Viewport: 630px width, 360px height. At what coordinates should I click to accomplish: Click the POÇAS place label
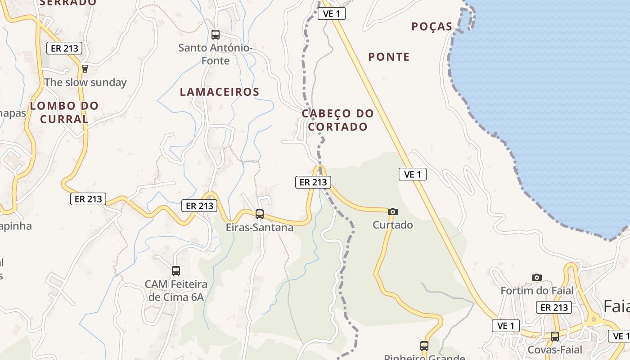[432, 27]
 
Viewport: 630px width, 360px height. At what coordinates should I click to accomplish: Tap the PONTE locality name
[389, 57]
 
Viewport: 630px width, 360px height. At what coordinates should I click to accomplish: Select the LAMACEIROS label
[220, 92]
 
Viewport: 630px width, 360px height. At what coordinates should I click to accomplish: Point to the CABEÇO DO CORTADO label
[337, 120]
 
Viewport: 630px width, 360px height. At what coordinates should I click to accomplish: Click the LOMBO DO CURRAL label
[64, 112]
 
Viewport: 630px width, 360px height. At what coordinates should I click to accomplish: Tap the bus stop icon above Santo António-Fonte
[216, 34]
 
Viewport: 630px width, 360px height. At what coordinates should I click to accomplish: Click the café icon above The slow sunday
[85, 69]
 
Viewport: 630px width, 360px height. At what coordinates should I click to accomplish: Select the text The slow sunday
[85, 82]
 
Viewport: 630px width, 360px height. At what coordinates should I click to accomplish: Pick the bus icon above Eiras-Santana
[260, 214]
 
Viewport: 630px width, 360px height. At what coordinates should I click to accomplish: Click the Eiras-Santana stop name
[260, 228]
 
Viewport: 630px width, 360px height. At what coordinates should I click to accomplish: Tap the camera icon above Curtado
[393, 211]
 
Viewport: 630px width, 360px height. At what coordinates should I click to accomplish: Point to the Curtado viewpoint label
[393, 225]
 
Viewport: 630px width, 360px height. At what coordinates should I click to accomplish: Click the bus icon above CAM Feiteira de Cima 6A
[176, 270]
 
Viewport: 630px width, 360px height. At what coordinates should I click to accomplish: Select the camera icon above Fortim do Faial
[537, 277]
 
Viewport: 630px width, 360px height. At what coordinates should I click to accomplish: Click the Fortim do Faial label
[537, 291]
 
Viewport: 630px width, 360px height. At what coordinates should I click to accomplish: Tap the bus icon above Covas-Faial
[555, 336]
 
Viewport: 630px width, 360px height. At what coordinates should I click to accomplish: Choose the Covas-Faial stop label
[555, 350]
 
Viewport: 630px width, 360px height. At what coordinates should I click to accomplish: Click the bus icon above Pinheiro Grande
[424, 346]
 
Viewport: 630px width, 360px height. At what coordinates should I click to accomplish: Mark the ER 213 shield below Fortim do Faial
[554, 307]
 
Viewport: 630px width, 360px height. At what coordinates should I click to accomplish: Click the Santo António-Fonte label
[216, 54]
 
